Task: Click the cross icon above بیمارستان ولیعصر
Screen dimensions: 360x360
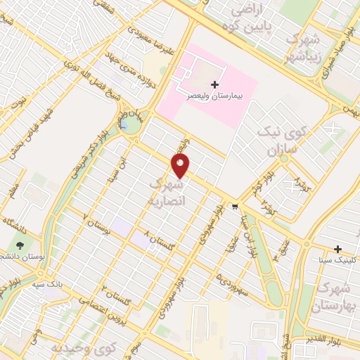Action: tap(205, 83)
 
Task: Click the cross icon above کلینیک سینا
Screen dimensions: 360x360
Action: tap(339, 250)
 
